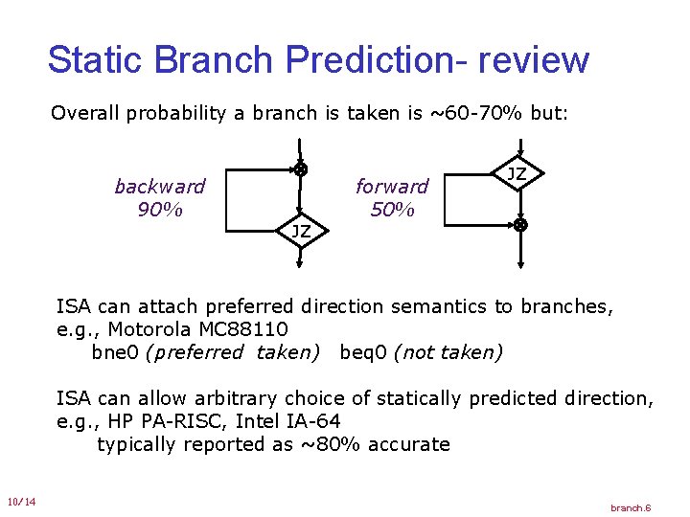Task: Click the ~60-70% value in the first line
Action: [x=473, y=113]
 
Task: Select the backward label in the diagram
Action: [x=159, y=186]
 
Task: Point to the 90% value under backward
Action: [x=159, y=209]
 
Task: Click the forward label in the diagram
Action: [x=392, y=186]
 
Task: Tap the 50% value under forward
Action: [x=391, y=209]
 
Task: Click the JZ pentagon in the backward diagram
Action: [x=301, y=231]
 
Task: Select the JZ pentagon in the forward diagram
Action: [x=517, y=175]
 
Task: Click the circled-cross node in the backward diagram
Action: [x=301, y=169]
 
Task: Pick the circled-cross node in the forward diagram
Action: [x=518, y=225]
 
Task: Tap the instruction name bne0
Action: [x=115, y=352]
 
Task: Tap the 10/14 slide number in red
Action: [x=20, y=502]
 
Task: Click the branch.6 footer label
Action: [x=631, y=506]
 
